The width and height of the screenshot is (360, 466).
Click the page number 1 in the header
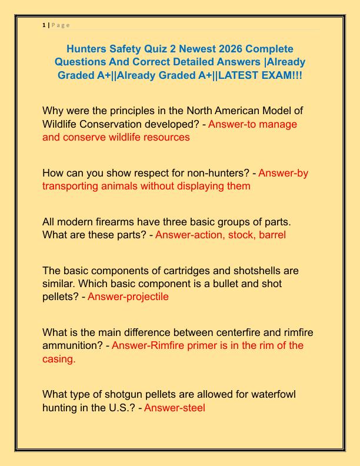click(x=44, y=25)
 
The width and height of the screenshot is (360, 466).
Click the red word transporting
click(x=72, y=186)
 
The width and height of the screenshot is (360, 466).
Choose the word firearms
click(x=125, y=222)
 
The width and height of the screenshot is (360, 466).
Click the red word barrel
click(x=271, y=235)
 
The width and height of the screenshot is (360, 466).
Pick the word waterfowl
click(x=272, y=394)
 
